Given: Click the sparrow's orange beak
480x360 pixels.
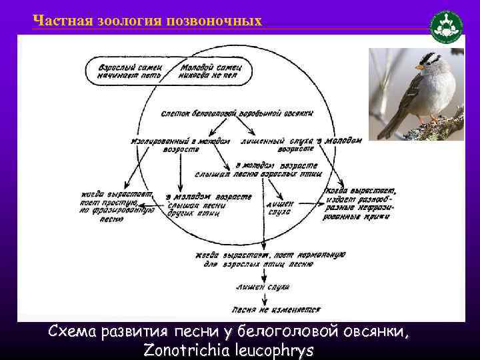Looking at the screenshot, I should tap(419, 67).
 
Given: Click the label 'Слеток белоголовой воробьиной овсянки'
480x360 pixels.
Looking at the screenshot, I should tap(237, 113).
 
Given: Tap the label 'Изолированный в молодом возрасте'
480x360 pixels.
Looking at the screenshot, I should tap(181, 145).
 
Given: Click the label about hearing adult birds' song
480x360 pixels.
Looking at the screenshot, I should tap(277, 169).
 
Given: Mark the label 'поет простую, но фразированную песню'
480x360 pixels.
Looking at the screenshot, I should tap(117, 205).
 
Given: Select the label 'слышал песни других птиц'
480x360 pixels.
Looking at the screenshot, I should tap(208, 206).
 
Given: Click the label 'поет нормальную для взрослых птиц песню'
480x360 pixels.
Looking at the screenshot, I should tap(271, 259).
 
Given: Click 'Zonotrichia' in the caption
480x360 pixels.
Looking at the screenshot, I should tap(193, 351).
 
